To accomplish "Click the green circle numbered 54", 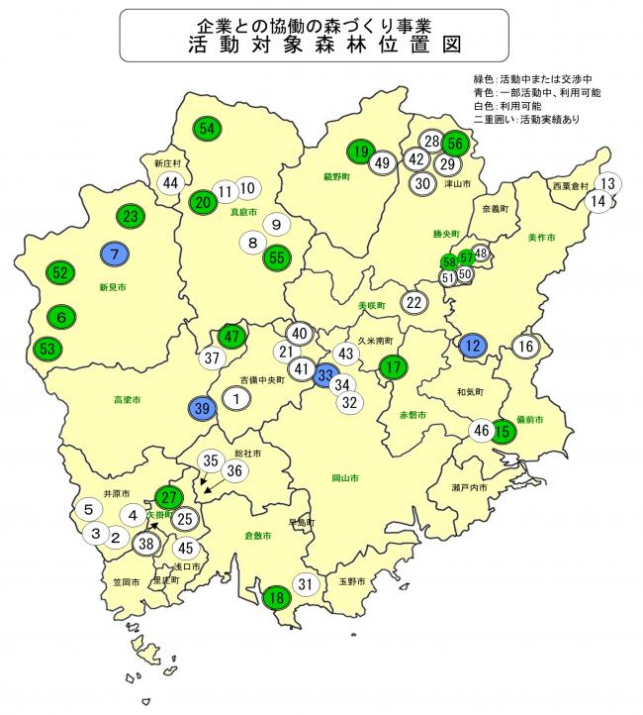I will tap(208, 128).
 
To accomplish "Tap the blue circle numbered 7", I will tap(116, 254).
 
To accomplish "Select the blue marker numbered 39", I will tap(202, 408).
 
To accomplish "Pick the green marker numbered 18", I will tap(278, 596).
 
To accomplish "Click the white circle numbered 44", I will tap(171, 182).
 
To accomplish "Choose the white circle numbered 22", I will tap(413, 303).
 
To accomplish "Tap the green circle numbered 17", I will tap(394, 366).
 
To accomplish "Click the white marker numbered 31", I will tap(307, 584).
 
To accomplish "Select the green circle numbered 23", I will tap(131, 216).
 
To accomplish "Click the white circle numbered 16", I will tap(525, 346).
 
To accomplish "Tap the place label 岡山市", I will tap(345, 478).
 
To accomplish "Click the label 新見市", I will tap(114, 286).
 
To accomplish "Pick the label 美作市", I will tap(541, 237).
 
